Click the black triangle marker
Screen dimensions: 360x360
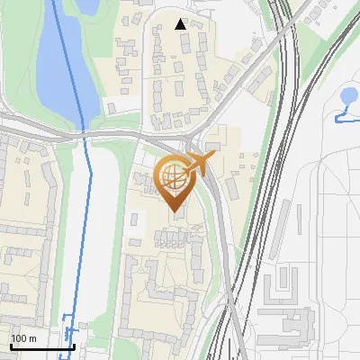click(x=181, y=24)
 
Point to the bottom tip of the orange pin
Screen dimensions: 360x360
click(x=175, y=212)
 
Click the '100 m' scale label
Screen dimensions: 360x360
click(x=23, y=338)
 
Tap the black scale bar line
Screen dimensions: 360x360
click(x=41, y=346)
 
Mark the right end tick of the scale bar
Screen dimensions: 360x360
click(x=74, y=345)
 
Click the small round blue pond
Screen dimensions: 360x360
click(x=350, y=96)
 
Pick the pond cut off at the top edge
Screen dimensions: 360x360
click(x=87, y=5)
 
